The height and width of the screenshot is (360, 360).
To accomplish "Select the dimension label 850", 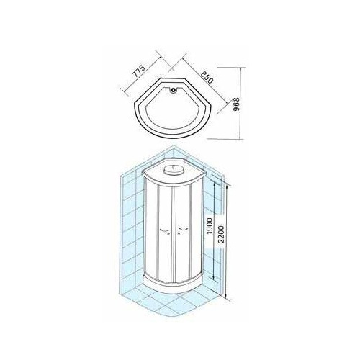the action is click(x=207, y=76).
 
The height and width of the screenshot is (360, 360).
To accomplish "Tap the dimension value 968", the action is click(x=237, y=104).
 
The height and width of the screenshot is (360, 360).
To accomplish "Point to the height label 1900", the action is click(x=210, y=226).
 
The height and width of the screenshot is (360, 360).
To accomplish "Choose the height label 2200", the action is click(x=221, y=234).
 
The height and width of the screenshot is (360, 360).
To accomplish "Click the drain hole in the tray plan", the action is click(x=173, y=90).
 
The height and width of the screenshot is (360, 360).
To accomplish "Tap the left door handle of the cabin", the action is click(x=164, y=230).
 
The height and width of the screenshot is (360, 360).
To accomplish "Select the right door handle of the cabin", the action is click(x=182, y=230).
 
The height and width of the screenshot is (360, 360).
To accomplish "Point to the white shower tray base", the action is click(x=174, y=286).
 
